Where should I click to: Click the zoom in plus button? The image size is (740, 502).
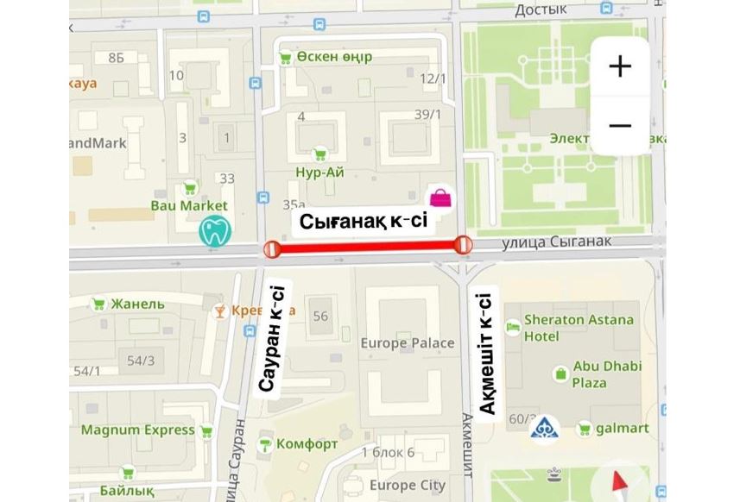coord(620,66)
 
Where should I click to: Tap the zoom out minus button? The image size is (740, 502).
coord(620,125)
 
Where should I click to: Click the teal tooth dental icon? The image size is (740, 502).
coord(213,231)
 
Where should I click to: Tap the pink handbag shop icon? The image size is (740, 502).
coord(440,198)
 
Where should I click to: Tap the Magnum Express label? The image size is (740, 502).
coord(138,430)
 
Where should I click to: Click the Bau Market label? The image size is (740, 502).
coord(189,205)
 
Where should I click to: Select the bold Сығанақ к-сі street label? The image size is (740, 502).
coord(364,222)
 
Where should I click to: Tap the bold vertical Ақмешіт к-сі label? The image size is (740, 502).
coord(486,354)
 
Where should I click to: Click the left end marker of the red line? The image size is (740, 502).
coord(271,249)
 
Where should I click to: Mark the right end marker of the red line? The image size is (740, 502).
coord(464,246)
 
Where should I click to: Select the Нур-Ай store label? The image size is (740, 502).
coord(319,172)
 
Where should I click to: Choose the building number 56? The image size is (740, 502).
coord(320,316)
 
